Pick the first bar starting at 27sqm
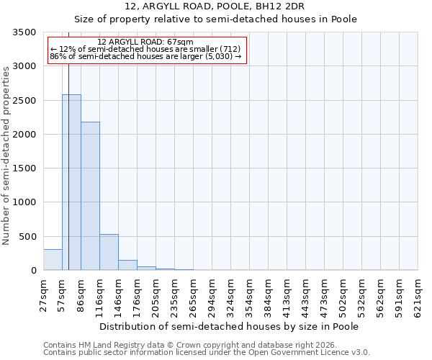(x=53, y=260)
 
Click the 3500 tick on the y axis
(x=24, y=32)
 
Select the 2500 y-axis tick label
(x=24, y=101)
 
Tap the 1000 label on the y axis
(x=24, y=202)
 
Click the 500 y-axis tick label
(x=27, y=237)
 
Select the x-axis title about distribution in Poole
(x=228, y=326)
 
